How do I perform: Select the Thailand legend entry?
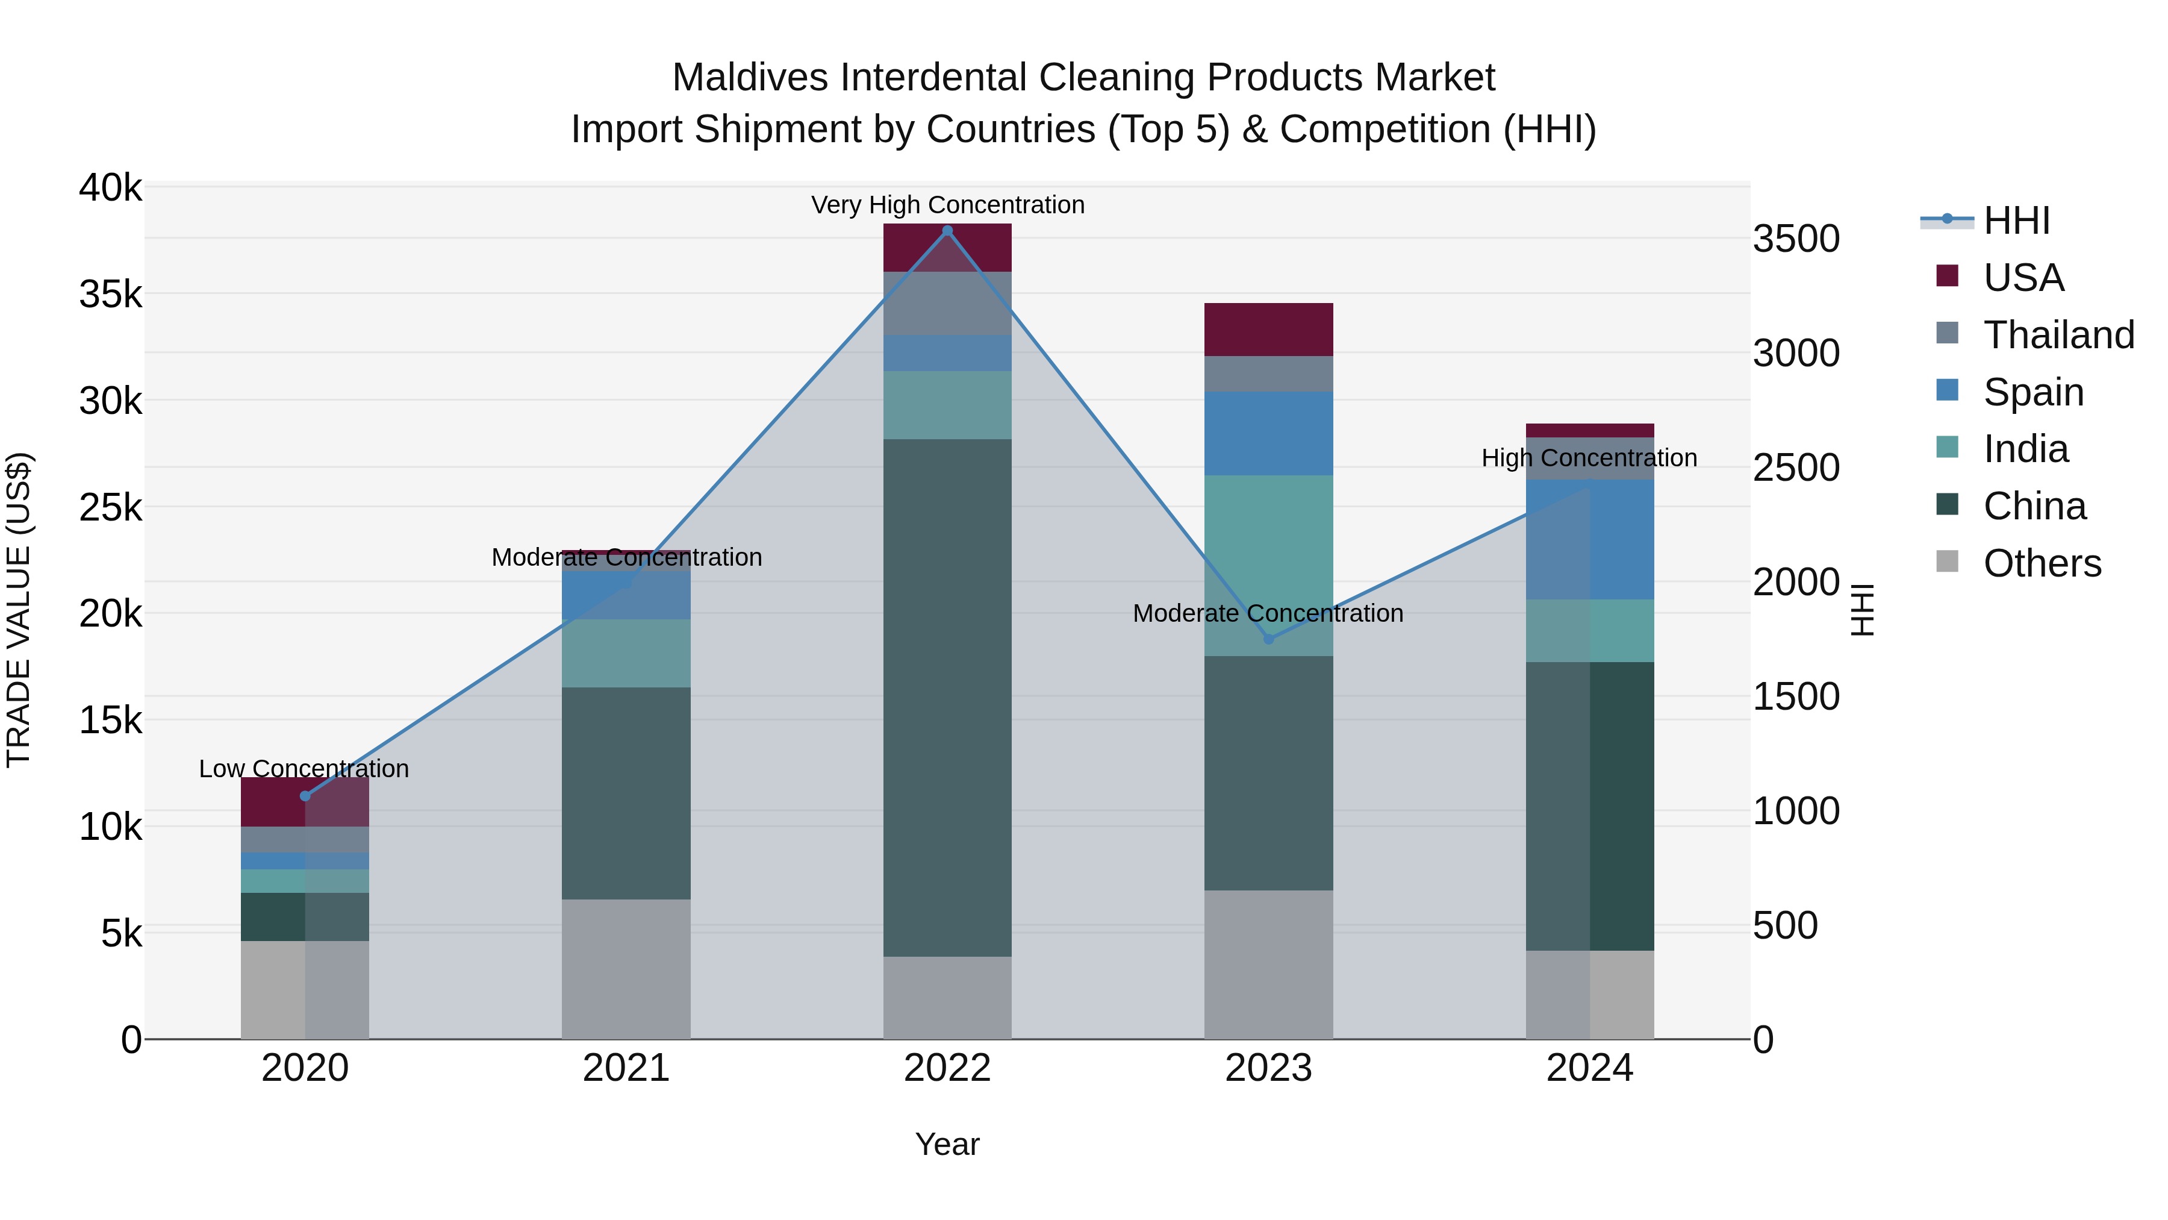click(x=2058, y=335)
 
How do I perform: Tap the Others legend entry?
click(x=2042, y=563)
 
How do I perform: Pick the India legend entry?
click(x=2025, y=449)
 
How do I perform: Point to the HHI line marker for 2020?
click(x=305, y=796)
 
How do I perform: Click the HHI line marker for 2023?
click(x=1269, y=639)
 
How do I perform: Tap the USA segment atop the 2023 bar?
click(x=1268, y=329)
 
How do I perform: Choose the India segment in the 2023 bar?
click(x=1268, y=565)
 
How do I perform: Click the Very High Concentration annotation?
click(x=948, y=205)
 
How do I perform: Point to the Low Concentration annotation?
click(x=304, y=769)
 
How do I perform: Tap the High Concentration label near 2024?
click(x=1589, y=458)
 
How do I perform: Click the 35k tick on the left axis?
click(x=110, y=295)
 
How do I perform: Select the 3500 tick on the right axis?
click(x=1796, y=239)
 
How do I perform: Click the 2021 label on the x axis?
click(x=626, y=1068)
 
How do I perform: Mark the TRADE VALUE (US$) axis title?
click(x=19, y=610)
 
